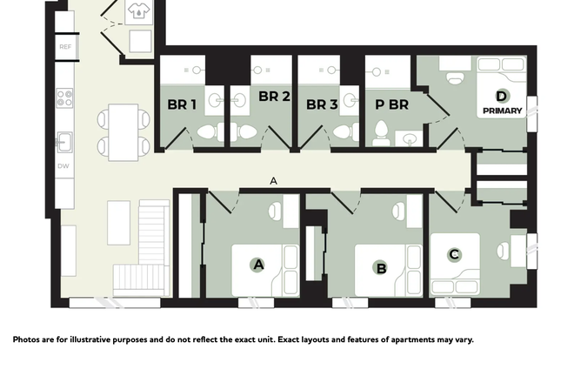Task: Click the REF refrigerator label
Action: click(x=65, y=46)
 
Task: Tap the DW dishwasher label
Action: click(x=63, y=165)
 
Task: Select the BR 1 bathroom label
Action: click(x=182, y=104)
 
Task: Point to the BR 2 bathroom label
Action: click(x=274, y=97)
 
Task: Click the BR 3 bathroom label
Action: click(x=322, y=104)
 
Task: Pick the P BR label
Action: click(x=391, y=104)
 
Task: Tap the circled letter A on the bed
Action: click(x=257, y=264)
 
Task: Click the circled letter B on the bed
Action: click(x=381, y=267)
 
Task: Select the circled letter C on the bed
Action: click(x=454, y=255)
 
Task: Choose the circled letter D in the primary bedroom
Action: click(x=502, y=97)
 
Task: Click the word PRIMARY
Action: click(x=503, y=111)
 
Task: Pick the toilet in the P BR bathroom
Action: click(x=380, y=132)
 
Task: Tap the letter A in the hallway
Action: click(x=273, y=181)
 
